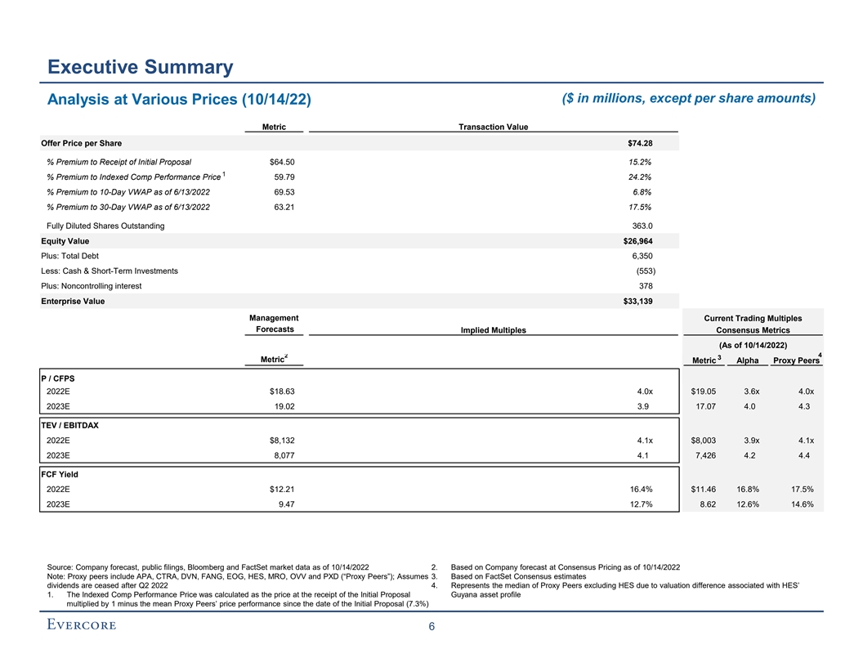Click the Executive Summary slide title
click(140, 67)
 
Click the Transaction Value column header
click(493, 127)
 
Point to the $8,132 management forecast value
click(279, 441)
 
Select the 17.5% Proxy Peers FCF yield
click(798, 490)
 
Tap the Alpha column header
click(747, 360)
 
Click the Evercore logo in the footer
click(81, 625)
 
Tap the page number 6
click(431, 628)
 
